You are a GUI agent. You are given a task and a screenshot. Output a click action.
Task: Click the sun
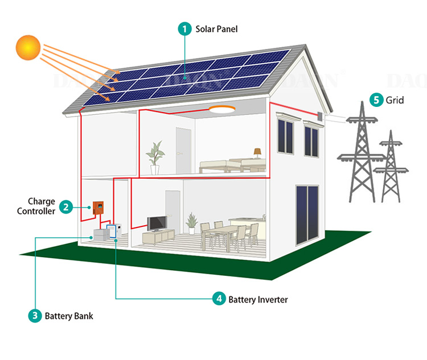point(28,48)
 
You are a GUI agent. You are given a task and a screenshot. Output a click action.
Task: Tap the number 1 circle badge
point(185,29)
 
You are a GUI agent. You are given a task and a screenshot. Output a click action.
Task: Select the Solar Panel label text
point(216,29)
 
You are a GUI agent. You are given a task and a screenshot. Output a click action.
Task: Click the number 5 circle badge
point(376,100)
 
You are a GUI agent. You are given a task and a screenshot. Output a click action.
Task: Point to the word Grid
point(395,100)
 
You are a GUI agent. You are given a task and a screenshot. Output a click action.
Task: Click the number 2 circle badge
point(66,207)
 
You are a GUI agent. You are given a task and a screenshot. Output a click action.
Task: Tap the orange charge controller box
point(98,208)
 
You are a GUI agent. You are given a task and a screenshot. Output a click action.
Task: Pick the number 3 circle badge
point(35,316)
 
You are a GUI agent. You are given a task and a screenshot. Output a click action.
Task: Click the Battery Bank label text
point(69,316)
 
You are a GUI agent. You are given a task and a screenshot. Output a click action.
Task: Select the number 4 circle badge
point(219,299)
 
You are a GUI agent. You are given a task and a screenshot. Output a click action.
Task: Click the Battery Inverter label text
point(258,300)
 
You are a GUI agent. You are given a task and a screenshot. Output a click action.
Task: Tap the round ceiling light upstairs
point(222,109)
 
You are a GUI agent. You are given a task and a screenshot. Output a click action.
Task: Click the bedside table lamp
point(257,153)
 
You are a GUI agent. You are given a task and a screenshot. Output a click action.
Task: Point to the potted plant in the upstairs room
point(155,158)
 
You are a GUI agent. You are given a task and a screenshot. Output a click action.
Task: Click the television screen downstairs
point(157,224)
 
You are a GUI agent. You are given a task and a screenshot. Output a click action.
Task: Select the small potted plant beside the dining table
point(192,224)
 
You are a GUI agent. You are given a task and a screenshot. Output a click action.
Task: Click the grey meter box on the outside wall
point(321,117)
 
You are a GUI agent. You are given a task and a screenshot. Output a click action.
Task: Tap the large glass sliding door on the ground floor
point(307,215)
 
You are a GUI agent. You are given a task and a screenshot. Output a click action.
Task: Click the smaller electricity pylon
point(391,167)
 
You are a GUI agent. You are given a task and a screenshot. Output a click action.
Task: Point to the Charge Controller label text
point(36,206)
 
